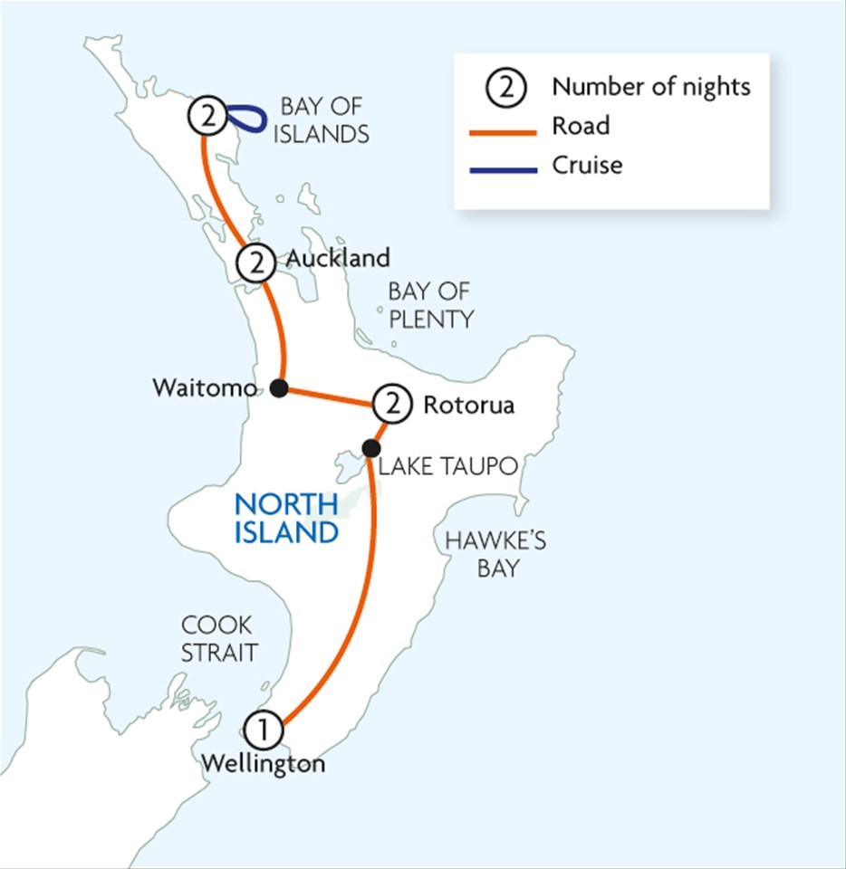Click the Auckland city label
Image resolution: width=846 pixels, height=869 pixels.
tap(338, 258)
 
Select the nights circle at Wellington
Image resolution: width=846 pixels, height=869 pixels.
tap(263, 728)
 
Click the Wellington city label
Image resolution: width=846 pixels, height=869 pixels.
tap(263, 764)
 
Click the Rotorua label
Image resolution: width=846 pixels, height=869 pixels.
tap(468, 405)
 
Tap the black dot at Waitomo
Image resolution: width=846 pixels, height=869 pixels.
tap(279, 388)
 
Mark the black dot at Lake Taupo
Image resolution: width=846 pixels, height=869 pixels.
tap(370, 447)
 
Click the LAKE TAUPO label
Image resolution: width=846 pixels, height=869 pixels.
tap(447, 466)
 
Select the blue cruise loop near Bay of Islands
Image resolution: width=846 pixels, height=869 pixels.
tap(246, 117)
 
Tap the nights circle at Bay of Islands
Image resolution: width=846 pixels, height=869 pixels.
tap(207, 117)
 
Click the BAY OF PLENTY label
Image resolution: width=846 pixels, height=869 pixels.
tap(430, 305)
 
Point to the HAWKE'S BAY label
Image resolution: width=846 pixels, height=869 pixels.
tap(495, 554)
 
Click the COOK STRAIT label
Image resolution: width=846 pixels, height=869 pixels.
tap(217, 638)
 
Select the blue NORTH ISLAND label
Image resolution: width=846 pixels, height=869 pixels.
tap(285, 518)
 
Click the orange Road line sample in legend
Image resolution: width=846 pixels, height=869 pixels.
tap(502, 129)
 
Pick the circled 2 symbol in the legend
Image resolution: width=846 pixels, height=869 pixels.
tap(505, 88)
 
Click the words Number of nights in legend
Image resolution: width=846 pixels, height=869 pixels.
tap(651, 87)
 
